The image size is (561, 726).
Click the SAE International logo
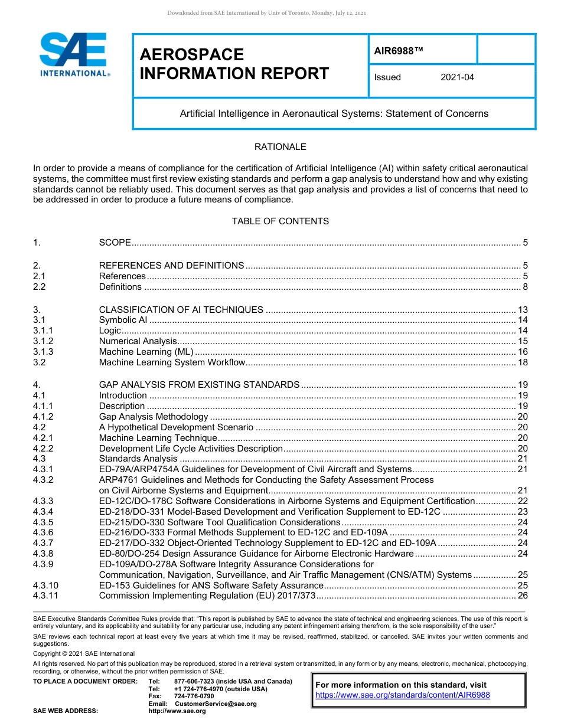73,55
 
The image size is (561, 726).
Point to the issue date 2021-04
457,77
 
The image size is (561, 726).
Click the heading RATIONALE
280,147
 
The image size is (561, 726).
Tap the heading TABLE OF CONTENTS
280,221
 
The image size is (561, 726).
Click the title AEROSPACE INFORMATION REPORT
234,64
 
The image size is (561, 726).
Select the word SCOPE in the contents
115,243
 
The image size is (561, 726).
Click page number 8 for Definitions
525,287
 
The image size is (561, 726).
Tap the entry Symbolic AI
123,320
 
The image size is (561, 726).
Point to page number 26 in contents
522,596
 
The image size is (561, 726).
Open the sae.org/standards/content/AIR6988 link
403,695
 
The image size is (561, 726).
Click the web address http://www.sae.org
177,711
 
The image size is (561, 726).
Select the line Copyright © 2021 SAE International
84,654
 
